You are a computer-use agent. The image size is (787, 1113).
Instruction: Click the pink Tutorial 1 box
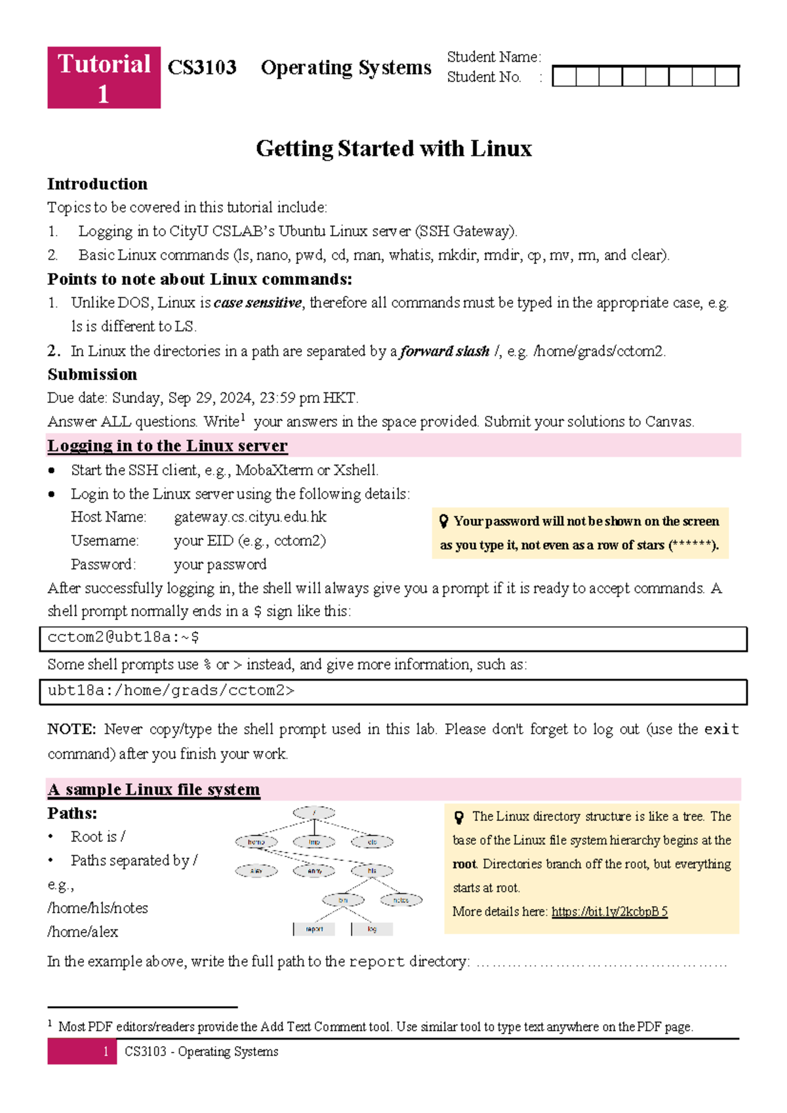[104, 77]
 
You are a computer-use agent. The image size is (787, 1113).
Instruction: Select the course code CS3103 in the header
[202, 68]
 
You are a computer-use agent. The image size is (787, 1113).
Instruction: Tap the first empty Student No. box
[564, 77]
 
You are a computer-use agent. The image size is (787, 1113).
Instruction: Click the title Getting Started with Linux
[393, 148]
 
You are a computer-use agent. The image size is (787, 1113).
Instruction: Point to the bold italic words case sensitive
[258, 303]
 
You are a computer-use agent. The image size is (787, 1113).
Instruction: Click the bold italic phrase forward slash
[445, 351]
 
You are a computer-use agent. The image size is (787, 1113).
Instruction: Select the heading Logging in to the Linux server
[167, 446]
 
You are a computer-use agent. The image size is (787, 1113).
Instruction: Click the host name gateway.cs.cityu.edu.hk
[250, 517]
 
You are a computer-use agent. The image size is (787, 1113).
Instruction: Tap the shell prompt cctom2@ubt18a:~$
[123, 637]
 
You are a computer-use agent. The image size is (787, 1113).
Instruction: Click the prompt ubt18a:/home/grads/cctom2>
[171, 690]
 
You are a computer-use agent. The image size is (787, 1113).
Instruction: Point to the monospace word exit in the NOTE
[721, 729]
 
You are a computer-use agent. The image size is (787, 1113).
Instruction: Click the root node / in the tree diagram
[314, 813]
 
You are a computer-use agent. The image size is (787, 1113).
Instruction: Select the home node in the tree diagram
[256, 842]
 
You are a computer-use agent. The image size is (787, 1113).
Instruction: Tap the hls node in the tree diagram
[372, 871]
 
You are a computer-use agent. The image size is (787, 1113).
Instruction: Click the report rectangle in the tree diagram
[314, 929]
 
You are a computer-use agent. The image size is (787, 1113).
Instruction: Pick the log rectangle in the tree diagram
[373, 929]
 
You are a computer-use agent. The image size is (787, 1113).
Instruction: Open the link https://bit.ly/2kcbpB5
[609, 912]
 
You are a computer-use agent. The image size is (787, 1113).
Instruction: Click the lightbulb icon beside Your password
[444, 521]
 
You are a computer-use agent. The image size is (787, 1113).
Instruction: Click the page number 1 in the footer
[106, 1052]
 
